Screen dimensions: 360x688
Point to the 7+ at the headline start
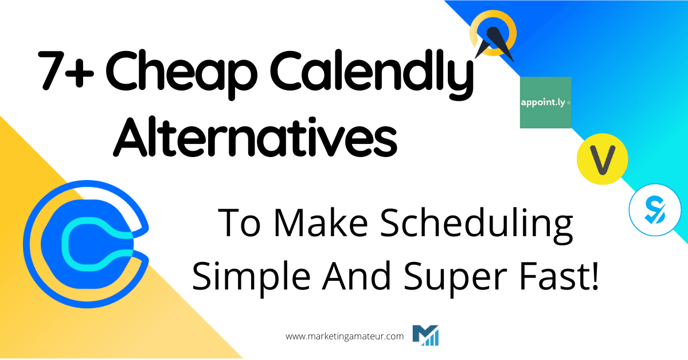click(x=64, y=75)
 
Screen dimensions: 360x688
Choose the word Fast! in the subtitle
click(x=556, y=276)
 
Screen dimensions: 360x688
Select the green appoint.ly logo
click(x=545, y=102)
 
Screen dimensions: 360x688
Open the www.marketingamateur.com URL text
click(x=344, y=336)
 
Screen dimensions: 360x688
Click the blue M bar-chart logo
click(x=425, y=335)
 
